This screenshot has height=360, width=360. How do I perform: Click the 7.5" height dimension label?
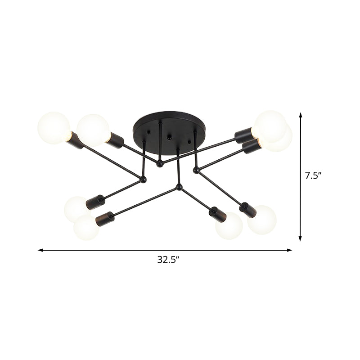(312, 176)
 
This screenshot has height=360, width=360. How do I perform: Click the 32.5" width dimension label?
(166, 260)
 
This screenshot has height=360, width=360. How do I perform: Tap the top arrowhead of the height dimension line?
(301, 116)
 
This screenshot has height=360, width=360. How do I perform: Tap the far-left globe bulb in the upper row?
(54, 127)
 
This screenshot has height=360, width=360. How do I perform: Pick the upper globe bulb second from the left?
(93, 130)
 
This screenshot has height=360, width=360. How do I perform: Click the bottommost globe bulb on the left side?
(86, 227)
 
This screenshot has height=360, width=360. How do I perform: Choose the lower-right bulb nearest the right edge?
(262, 220)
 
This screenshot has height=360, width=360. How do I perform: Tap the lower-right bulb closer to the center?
(229, 226)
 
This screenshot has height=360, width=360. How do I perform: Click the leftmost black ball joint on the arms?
(144, 180)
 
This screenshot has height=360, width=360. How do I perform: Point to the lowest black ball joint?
(179, 186)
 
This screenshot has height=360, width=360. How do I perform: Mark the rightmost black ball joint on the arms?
(196, 170)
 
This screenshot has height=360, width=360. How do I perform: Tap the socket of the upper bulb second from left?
(115, 140)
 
